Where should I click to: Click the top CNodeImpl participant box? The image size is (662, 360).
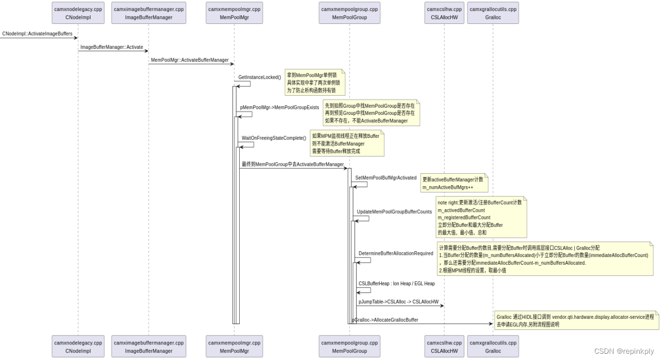(78, 13)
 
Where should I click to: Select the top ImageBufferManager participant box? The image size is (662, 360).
(149, 13)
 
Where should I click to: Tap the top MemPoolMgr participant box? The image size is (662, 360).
(234, 13)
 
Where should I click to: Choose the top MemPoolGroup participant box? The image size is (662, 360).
(349, 13)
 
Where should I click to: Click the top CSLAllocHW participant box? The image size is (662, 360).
(444, 13)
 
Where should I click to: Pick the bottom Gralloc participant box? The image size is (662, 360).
(493, 346)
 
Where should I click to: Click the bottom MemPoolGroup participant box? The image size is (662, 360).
(349, 346)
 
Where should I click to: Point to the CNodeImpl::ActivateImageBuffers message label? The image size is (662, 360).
(37, 34)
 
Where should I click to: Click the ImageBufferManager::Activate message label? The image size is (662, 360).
(111, 47)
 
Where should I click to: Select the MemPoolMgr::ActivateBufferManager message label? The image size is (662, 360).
(190, 60)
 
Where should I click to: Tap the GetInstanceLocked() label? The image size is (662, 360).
(259, 78)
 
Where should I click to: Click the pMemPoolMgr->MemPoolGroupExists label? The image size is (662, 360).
(279, 108)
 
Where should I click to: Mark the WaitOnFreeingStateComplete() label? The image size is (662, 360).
(274, 138)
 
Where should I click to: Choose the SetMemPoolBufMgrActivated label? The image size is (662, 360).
(386, 178)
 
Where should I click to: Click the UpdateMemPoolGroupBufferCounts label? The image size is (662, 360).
(394, 212)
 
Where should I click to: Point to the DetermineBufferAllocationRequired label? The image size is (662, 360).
(396, 254)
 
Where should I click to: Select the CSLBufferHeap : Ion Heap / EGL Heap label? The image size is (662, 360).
(396, 284)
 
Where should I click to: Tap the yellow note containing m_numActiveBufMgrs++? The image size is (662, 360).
(454, 183)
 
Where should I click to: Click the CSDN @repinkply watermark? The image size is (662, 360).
(624, 352)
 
